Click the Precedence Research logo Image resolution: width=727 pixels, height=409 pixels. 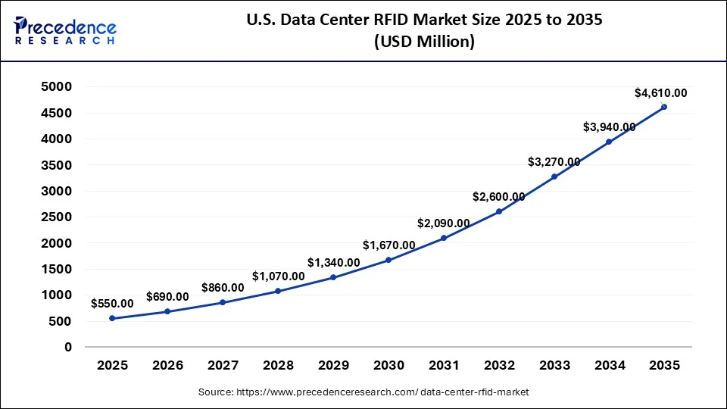pyautogui.click(x=65, y=30)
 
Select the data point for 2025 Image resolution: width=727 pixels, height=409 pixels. pyautogui.click(x=112, y=318)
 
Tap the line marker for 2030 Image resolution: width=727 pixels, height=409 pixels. pyautogui.click(x=388, y=260)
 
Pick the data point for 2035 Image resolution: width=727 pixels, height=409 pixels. pyautogui.click(x=664, y=107)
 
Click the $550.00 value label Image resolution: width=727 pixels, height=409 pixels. pyautogui.click(x=112, y=303)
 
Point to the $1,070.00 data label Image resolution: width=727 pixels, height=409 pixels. pyautogui.click(x=278, y=276)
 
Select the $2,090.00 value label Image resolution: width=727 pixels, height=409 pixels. pyautogui.click(x=443, y=223)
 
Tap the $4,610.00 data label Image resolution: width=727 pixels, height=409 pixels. pyautogui.click(x=660, y=93)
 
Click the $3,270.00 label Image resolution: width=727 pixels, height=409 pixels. pyautogui.click(x=554, y=161)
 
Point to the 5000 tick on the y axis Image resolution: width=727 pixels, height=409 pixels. pyautogui.click(x=57, y=87)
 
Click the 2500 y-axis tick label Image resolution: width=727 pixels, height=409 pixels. pyautogui.click(x=57, y=217)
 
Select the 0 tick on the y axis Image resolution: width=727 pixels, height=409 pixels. pyautogui.click(x=67, y=347)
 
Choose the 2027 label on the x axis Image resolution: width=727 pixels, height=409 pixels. pyautogui.click(x=223, y=366)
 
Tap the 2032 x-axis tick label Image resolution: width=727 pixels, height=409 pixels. pyautogui.click(x=499, y=366)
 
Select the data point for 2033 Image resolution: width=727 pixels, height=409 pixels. pyautogui.click(x=554, y=176)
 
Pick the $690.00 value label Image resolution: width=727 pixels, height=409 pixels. pyautogui.click(x=167, y=295)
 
